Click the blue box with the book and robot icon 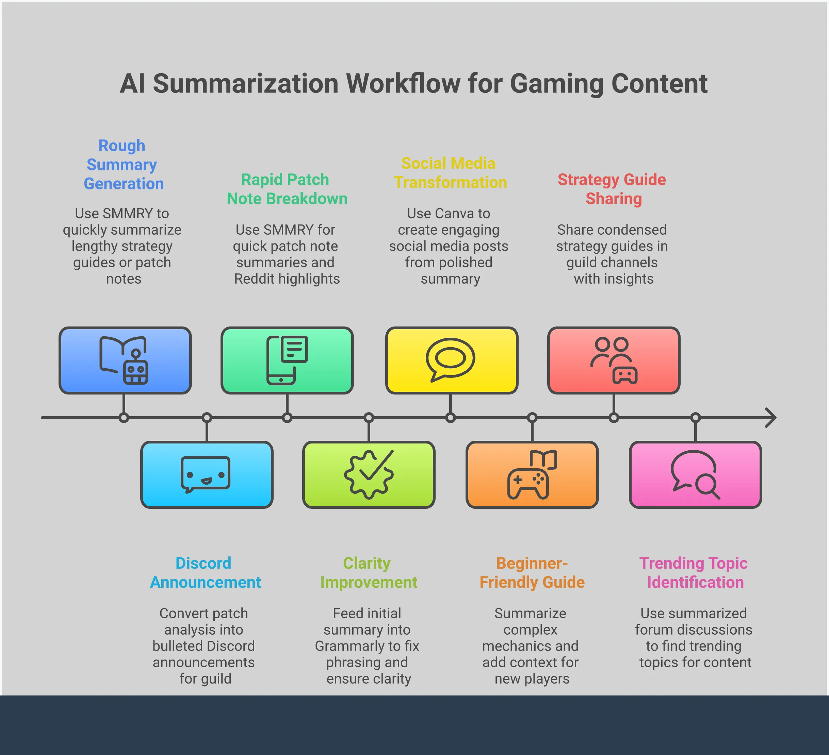click(125, 360)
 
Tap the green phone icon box click(287, 360)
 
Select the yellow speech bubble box click(452, 360)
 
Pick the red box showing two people click(614, 360)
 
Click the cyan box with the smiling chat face click(207, 474)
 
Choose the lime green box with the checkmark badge click(369, 474)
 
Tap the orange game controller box click(532, 474)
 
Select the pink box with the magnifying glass click(695, 474)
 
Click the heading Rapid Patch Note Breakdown click(287, 189)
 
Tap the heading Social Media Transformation click(450, 173)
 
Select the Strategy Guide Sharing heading click(612, 189)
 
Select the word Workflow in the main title click(403, 84)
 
